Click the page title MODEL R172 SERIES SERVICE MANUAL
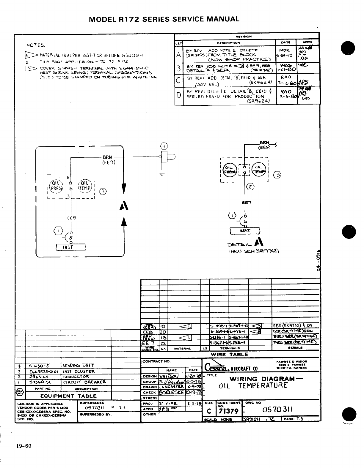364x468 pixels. [x=164, y=19]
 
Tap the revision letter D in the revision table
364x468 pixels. [x=178, y=96]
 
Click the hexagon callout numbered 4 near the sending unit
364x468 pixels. [x=164, y=146]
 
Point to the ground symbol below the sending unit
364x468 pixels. [x=162, y=174]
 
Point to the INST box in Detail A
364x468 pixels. [x=245, y=231]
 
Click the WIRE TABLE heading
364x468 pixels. [x=230, y=355]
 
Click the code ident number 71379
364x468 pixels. [x=228, y=411]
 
